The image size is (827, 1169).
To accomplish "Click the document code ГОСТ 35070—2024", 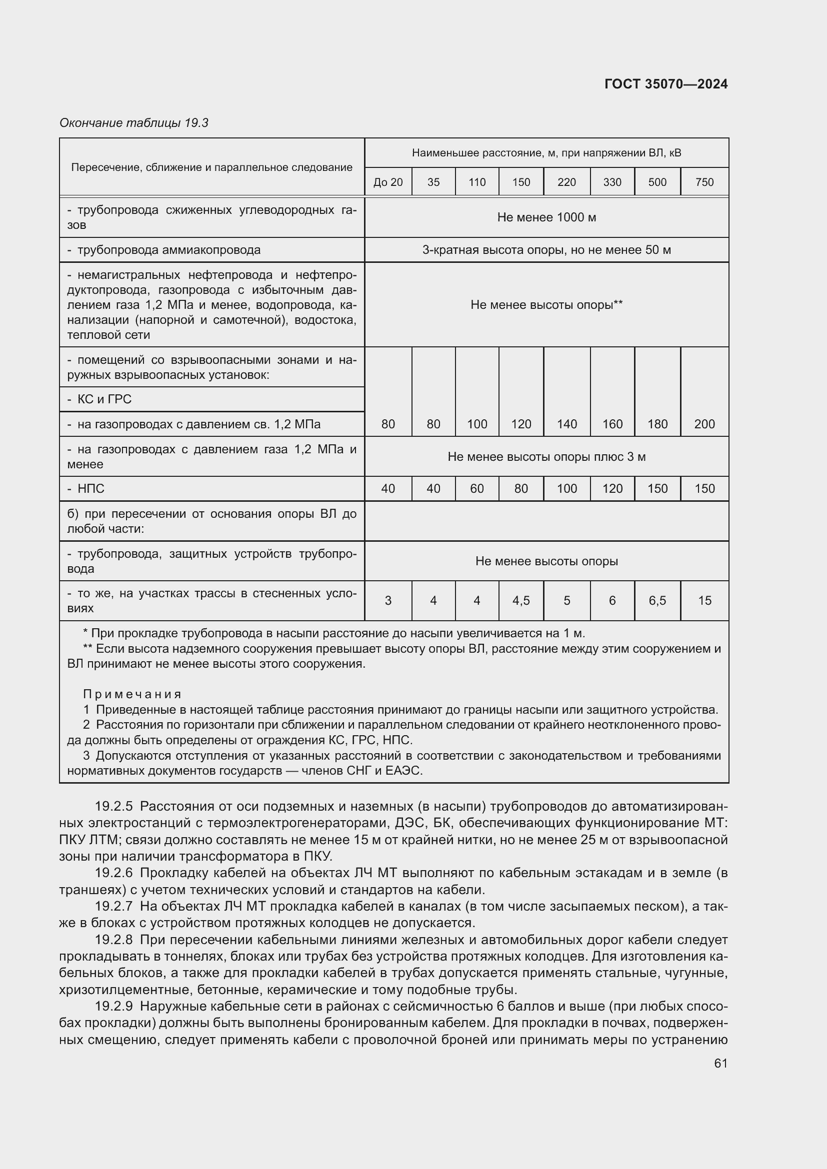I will (665, 84).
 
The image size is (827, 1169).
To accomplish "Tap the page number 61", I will (720, 1063).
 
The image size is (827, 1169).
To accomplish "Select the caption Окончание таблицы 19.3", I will (134, 123).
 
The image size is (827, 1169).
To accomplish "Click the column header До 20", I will (387, 182).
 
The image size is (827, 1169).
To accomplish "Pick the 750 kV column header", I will (704, 182).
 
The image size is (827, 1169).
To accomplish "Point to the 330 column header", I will (612, 182).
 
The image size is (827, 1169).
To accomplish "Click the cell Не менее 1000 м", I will (546, 217).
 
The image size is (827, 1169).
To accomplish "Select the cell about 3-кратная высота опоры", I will (546, 250).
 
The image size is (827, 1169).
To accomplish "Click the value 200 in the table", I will (704, 424).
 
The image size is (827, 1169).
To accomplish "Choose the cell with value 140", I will (567, 424).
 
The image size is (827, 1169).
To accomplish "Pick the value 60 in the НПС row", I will (476, 489).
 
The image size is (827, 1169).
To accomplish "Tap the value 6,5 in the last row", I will (657, 601).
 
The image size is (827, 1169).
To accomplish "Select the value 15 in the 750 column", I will (704, 601).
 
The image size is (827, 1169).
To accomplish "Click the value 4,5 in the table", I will (521, 601).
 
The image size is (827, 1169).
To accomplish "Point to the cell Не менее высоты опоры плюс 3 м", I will (546, 457).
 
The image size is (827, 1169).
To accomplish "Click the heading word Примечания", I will (132, 695).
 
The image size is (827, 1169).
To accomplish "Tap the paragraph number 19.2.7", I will (113, 906).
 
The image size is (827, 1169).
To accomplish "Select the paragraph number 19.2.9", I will (113, 1007).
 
